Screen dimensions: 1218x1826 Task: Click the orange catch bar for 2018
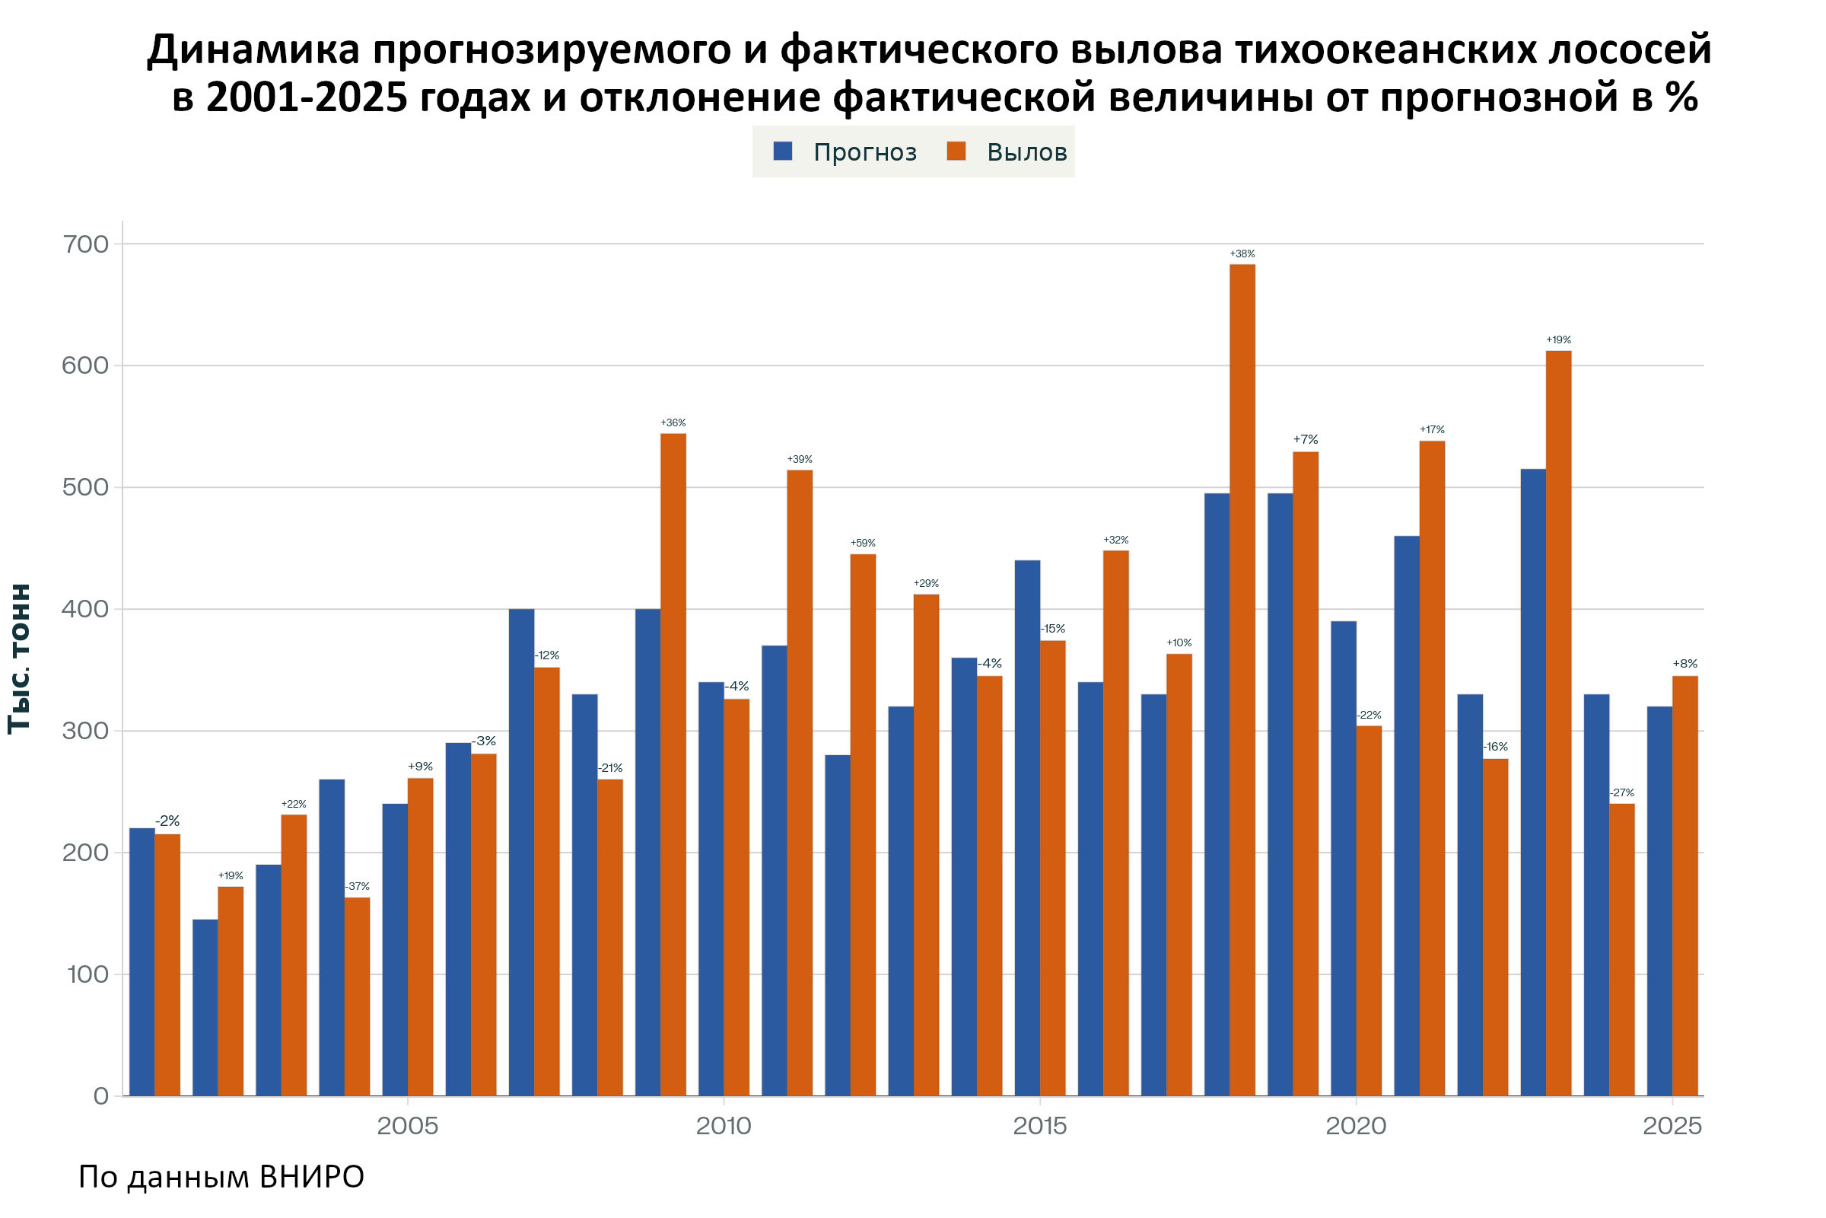coord(1242,680)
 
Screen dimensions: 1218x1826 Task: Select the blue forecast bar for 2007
coord(521,852)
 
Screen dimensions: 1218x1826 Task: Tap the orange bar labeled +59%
coord(863,825)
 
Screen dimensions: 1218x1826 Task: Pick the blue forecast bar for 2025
coord(1659,901)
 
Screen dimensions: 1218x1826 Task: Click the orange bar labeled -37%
coord(357,996)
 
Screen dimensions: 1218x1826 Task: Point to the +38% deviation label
coord(1242,254)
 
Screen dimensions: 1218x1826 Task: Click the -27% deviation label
coord(1622,793)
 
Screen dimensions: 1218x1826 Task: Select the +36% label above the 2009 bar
coord(673,422)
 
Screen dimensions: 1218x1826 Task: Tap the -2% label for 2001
coord(167,821)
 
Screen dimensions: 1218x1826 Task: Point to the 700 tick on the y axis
coord(84,244)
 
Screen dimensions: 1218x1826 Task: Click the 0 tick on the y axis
coord(101,1096)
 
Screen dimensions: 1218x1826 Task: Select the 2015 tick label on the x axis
coord(1039,1126)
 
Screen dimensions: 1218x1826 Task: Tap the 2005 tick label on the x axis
coord(408,1126)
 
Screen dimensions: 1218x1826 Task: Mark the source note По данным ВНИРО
coord(221,1177)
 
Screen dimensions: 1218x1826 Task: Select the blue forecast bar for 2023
coord(1532,783)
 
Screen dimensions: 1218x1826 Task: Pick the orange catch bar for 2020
coord(1369,910)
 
